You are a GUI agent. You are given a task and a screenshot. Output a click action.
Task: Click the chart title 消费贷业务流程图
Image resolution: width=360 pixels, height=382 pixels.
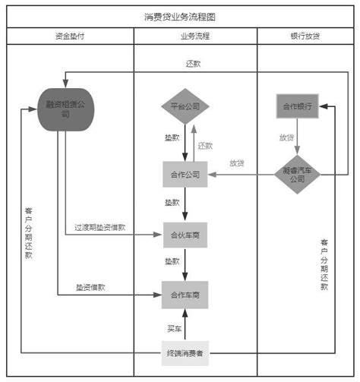179,16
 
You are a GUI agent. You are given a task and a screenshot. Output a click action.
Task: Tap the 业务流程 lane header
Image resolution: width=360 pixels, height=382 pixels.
195,36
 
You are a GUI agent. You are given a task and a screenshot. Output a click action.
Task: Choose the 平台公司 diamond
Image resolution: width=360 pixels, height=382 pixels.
184,106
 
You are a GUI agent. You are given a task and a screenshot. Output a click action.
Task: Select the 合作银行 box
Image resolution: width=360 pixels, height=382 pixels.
297,106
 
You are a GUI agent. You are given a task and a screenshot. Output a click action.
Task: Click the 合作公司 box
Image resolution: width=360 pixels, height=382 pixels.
185,175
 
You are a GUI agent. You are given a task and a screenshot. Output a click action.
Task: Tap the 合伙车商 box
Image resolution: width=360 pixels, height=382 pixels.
185,235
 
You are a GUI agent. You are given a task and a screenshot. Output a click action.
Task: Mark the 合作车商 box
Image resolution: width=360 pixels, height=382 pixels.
185,295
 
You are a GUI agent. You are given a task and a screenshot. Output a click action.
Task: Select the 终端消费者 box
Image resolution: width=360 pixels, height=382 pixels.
185,353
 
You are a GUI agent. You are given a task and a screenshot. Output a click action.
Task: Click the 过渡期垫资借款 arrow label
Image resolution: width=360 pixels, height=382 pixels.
99,227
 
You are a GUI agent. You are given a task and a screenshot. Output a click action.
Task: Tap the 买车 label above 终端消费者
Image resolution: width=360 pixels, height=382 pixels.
174,329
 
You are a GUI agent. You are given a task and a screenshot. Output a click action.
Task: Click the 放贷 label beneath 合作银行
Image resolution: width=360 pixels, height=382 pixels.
286,138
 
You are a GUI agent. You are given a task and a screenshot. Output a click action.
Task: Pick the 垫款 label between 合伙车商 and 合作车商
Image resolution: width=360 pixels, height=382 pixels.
172,261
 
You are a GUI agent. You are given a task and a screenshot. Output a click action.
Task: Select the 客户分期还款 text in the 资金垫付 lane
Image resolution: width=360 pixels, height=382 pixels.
28,232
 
